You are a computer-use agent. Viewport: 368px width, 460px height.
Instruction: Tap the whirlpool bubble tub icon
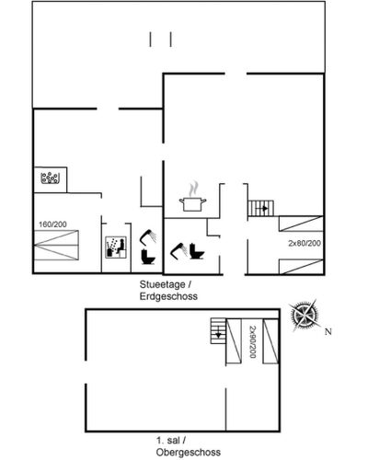tap(50, 178)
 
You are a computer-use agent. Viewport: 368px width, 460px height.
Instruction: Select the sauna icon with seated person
tap(116, 247)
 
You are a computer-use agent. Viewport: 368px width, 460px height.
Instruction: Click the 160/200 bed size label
tap(52, 224)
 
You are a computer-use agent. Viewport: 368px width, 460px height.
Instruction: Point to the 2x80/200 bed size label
tap(305, 243)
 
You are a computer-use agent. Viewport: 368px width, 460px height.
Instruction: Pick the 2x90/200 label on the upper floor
tap(252, 341)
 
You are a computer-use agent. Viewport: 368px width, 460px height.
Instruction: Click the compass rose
tap(305, 315)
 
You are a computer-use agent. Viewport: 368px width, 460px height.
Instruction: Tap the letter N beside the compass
tap(328, 331)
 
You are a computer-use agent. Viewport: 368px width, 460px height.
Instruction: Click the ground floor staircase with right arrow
tap(260, 209)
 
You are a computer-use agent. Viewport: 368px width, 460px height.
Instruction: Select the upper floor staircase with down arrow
tap(218, 331)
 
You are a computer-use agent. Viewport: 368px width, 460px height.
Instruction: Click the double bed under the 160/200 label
tap(56, 246)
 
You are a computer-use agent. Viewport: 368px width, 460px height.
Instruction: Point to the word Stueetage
tap(163, 284)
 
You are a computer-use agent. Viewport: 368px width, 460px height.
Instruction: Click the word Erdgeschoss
tap(168, 296)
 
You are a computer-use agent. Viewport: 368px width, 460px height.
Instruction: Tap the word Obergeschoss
tap(189, 453)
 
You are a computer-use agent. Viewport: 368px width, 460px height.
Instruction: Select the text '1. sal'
tap(168, 441)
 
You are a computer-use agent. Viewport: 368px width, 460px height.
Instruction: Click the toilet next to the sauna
tap(148, 257)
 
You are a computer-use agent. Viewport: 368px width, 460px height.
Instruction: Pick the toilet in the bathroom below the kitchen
tap(197, 251)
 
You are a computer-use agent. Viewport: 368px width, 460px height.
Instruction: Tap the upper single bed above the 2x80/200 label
tap(301, 224)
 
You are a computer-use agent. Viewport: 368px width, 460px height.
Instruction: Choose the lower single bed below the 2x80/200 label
tap(301, 267)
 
